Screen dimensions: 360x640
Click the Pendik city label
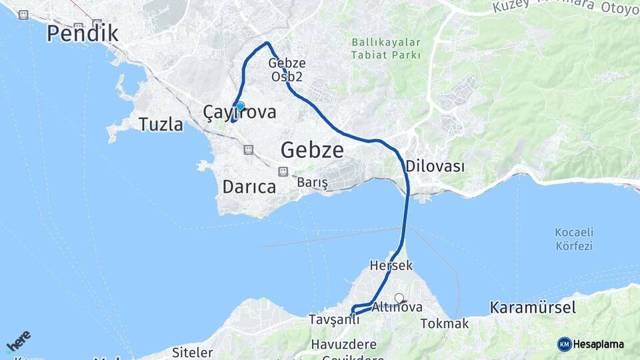click(83, 33)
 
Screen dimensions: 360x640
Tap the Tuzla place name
click(161, 124)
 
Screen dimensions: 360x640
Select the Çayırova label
click(239, 113)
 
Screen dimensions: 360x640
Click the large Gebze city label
click(312, 149)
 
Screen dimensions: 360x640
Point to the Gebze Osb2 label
click(287, 70)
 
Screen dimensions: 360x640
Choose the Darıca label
click(249, 187)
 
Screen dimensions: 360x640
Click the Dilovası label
click(435, 166)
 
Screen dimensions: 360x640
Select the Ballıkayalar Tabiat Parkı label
click(387, 49)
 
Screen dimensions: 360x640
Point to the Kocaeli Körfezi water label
click(573, 239)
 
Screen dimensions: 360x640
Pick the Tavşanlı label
click(333, 320)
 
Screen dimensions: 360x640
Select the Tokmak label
click(445, 324)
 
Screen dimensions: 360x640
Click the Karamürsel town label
click(532, 307)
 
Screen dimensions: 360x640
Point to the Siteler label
click(192, 352)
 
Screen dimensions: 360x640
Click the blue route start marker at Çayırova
click(240, 106)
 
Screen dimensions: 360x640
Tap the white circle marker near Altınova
click(399, 298)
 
